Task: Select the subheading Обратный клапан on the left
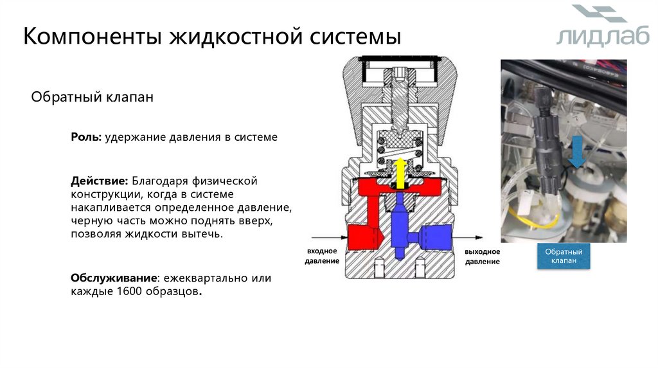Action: pos(93,97)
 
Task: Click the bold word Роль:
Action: pos(86,137)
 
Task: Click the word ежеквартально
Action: pos(204,278)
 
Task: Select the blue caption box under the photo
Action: pos(564,256)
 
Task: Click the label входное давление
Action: pos(322,256)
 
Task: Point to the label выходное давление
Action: pos(482,256)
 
